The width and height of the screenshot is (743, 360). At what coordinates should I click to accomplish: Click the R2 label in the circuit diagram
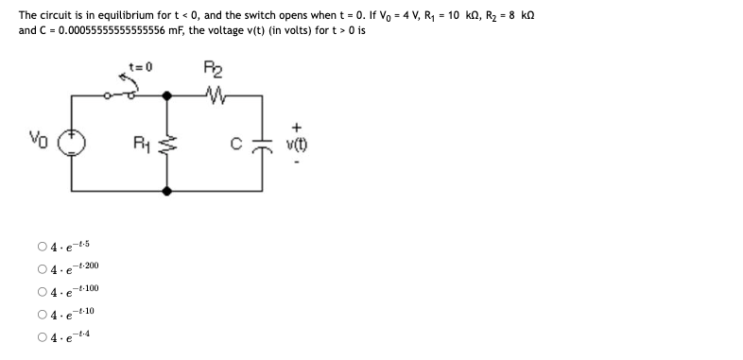tap(212, 67)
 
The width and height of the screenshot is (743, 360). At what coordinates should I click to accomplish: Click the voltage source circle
tap(73, 143)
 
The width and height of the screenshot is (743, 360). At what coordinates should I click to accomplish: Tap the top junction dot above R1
tap(168, 95)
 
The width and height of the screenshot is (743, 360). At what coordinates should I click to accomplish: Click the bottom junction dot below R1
tap(168, 190)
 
